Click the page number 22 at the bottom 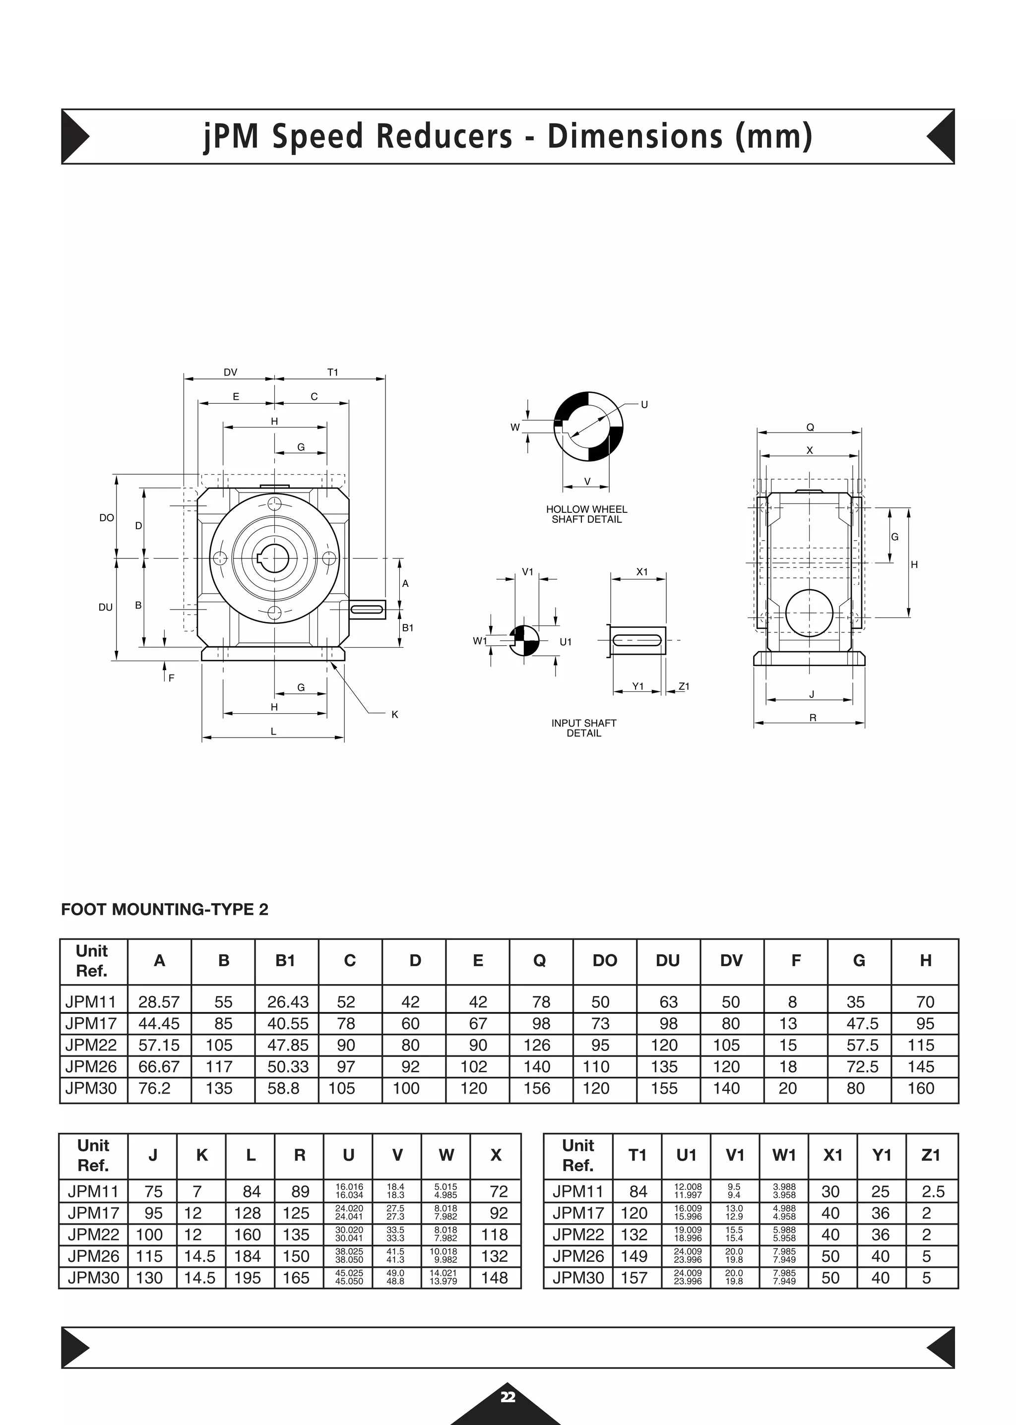point(508,1397)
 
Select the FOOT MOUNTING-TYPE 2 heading point(165,910)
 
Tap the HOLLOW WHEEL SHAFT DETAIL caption point(586,514)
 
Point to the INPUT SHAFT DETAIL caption point(584,728)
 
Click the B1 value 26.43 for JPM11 point(288,1002)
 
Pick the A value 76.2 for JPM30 point(154,1088)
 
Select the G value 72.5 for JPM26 point(862,1066)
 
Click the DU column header point(668,961)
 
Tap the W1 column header point(784,1155)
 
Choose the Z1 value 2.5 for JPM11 point(933,1192)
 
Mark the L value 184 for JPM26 point(247,1256)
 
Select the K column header point(201,1155)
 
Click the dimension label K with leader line point(395,714)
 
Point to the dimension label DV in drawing point(230,372)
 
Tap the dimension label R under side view point(813,718)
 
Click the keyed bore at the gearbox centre point(273,558)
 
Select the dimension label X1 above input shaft point(642,572)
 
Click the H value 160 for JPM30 point(921,1088)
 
